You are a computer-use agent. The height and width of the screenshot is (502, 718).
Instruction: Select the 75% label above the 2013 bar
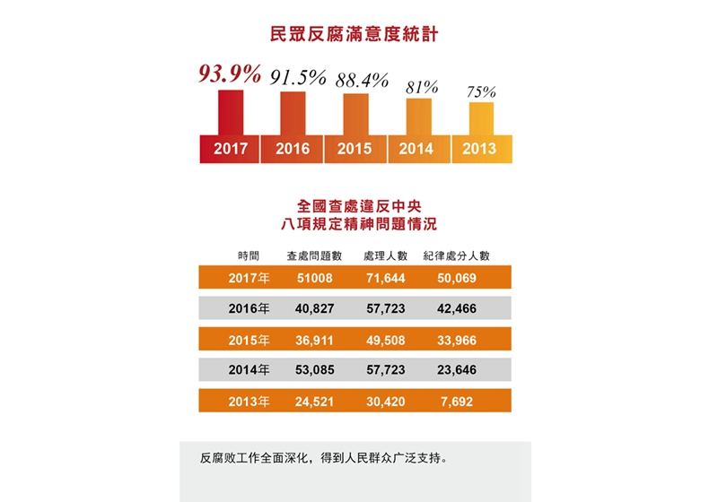(481, 91)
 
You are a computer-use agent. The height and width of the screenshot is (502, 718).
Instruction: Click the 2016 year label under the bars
(293, 150)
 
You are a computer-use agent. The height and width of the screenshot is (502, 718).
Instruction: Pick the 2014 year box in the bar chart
(418, 150)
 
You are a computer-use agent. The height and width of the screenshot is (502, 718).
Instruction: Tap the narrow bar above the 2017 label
(231, 111)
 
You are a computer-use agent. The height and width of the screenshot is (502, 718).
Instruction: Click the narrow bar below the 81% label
(419, 117)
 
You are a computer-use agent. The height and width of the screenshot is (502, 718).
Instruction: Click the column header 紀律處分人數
(456, 255)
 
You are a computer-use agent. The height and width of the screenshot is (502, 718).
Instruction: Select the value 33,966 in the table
(456, 340)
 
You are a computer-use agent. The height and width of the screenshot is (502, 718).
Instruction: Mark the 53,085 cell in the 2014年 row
(314, 369)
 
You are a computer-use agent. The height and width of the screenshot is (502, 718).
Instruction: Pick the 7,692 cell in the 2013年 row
(456, 400)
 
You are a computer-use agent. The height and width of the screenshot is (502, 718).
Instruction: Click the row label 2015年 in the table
(249, 340)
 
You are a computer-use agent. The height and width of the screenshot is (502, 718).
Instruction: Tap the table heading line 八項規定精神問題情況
(359, 222)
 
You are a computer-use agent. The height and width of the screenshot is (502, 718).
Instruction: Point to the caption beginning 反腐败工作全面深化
(323, 459)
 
